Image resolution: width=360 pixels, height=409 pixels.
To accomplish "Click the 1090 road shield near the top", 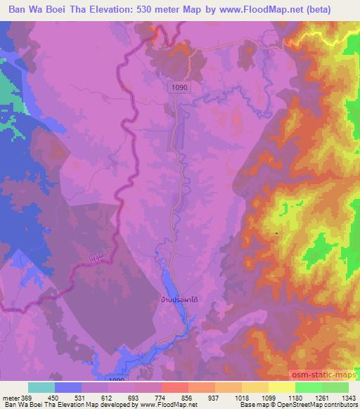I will point(179,86).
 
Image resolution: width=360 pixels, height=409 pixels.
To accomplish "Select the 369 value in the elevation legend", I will point(27,397).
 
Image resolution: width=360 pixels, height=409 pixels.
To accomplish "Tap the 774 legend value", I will point(162,397).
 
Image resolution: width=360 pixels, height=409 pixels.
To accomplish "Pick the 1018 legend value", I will point(241,397).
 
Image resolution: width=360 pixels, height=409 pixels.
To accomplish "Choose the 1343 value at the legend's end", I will point(348,397).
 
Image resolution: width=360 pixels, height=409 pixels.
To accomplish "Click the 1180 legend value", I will point(295,397).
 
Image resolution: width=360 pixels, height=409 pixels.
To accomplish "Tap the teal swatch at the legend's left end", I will point(41,387).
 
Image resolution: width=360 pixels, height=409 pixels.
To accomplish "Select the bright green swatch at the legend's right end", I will point(335,387).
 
